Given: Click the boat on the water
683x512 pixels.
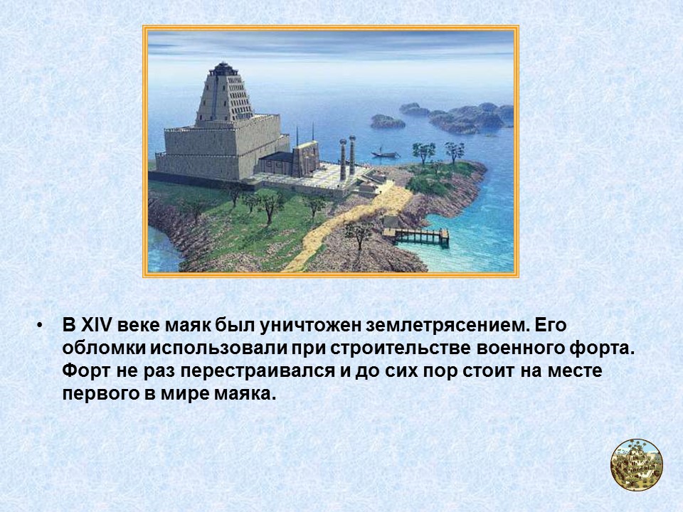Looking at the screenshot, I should tap(382, 153).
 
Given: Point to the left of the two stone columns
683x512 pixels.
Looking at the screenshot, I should tap(342, 159).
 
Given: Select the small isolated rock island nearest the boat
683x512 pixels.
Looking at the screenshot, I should tap(387, 122).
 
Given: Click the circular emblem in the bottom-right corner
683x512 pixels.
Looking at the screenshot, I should tap(636, 464).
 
